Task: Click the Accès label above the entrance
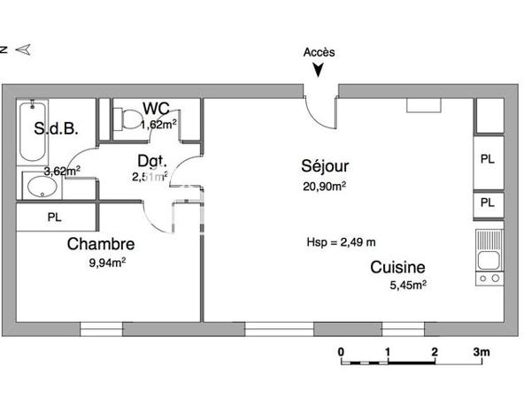tap(319, 52)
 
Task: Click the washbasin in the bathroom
tap(40, 187)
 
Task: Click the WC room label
tap(156, 110)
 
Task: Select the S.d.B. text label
tap(57, 129)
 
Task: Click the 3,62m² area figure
tap(62, 171)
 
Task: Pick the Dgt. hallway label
tap(151, 161)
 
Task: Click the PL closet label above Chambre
tap(54, 217)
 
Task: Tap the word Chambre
tap(101, 244)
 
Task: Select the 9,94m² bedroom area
tap(105, 262)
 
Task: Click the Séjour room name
tap(325, 166)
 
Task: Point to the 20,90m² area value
tap(325, 186)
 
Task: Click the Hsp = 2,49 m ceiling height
tap(341, 241)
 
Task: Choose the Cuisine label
tap(397, 267)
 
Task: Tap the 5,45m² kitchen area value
tap(409, 285)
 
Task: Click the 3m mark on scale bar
tap(481, 351)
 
